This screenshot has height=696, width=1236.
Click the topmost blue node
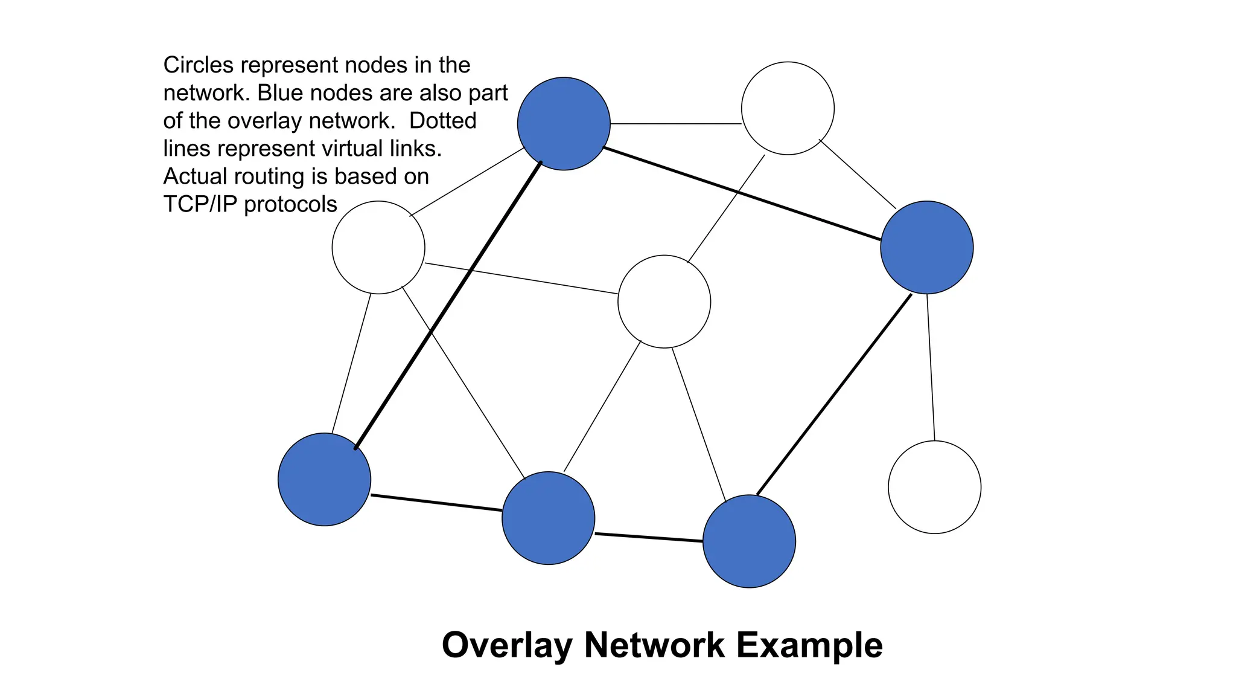pos(564,124)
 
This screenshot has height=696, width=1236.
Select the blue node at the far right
pos(926,248)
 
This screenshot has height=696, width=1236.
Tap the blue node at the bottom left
pos(324,479)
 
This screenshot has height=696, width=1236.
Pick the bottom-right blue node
pos(749,541)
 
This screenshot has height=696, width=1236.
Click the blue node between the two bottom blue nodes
pos(548,518)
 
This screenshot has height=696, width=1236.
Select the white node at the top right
pos(788,108)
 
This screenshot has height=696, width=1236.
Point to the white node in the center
pos(664,301)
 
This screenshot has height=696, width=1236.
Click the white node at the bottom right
pos(934,487)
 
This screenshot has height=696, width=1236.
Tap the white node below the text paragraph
pos(378,248)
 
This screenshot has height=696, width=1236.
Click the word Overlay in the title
pos(506,645)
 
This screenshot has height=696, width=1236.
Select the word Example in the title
pos(809,645)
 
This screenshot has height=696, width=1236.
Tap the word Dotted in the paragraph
pos(442,121)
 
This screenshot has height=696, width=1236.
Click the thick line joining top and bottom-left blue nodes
pos(448,306)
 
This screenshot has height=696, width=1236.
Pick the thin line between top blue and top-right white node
pos(676,124)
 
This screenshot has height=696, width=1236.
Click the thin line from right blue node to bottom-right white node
pos(931,367)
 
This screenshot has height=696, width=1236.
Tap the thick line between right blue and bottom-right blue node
pos(834,395)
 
